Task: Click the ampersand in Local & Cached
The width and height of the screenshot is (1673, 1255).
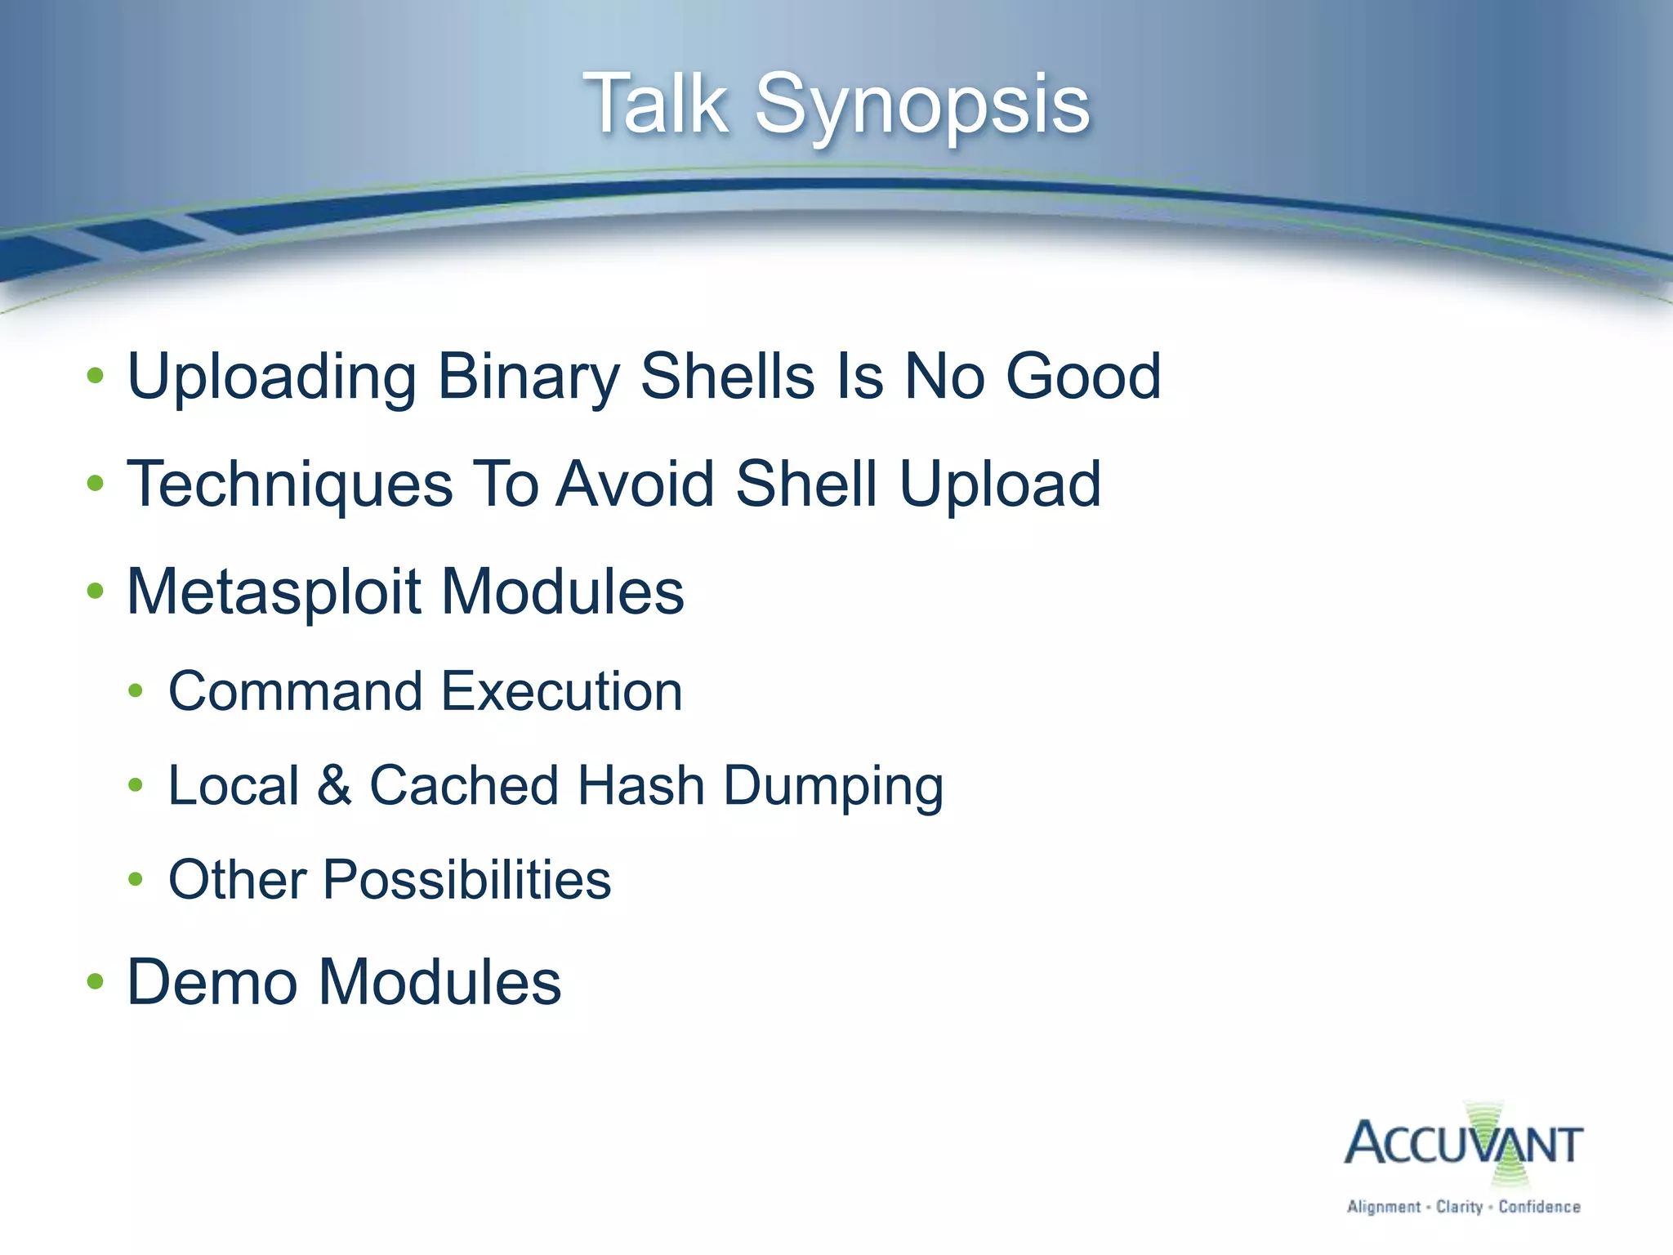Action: click(x=334, y=785)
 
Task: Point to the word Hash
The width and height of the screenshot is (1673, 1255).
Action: click(x=640, y=785)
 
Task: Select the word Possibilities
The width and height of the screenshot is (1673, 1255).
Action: click(x=466, y=880)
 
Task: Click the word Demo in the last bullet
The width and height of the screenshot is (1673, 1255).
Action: click(x=212, y=981)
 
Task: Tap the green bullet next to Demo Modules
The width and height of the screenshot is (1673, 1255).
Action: click(x=96, y=981)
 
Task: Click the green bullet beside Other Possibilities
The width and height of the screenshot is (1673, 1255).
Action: click(x=136, y=880)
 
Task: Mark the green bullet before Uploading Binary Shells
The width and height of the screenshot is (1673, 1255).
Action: click(x=96, y=376)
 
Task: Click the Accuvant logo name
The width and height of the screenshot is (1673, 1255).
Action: click(x=1463, y=1144)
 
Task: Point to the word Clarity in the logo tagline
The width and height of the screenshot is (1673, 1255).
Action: click(x=1458, y=1207)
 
